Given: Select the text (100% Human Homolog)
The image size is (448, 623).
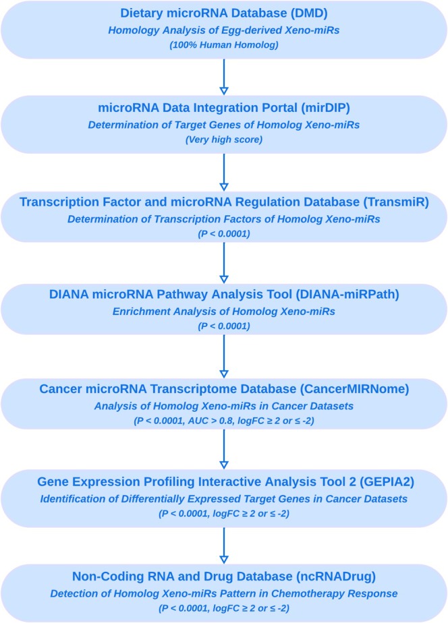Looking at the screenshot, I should pos(224,47).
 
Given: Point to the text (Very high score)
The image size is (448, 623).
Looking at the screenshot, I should pos(224,140).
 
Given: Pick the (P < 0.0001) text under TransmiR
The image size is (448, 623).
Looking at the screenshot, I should pos(224,234).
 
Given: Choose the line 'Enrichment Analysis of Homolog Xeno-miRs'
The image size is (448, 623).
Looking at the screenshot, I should pos(224,312).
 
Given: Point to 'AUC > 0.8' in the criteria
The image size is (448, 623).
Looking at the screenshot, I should pos(240,422).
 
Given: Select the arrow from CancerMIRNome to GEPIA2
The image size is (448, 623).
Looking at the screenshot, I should pos(224,452).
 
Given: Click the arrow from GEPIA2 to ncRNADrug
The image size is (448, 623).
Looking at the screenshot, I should pos(224,547).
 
